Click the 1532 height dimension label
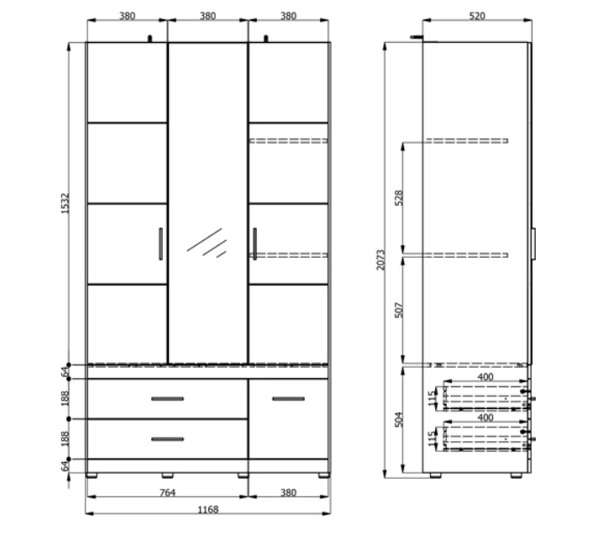[66, 203]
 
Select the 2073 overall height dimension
[381, 260]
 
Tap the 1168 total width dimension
[207, 510]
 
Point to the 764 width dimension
[167, 493]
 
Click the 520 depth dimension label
[477, 16]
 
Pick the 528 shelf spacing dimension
[399, 198]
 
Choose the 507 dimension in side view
[399, 310]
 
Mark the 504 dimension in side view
[399, 419]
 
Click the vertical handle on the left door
[160, 244]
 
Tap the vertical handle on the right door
[254, 244]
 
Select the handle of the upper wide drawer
[167, 399]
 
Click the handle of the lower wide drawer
[167, 439]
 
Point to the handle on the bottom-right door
[288, 399]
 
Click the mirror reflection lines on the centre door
[207, 244]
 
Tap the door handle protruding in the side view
[533, 244]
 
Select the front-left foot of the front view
[92, 475]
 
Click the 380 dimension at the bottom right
[288, 493]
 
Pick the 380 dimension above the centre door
[207, 16]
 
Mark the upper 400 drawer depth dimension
[485, 377]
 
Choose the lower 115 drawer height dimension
[432, 438]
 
